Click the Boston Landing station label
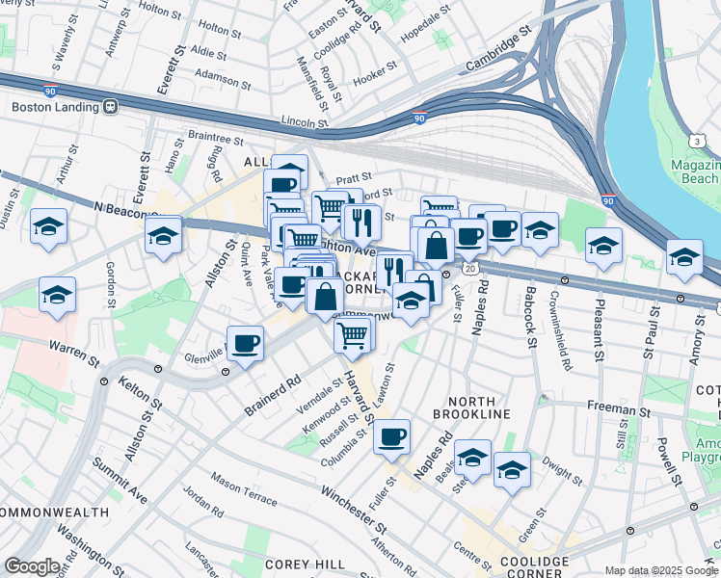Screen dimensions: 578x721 55,108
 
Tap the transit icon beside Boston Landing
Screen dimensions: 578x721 111,108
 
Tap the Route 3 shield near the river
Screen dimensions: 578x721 708,141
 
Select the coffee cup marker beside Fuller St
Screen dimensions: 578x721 391,437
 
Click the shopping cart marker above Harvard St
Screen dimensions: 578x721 354,335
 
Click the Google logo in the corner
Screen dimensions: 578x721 32,566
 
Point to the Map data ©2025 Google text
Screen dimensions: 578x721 661,571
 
